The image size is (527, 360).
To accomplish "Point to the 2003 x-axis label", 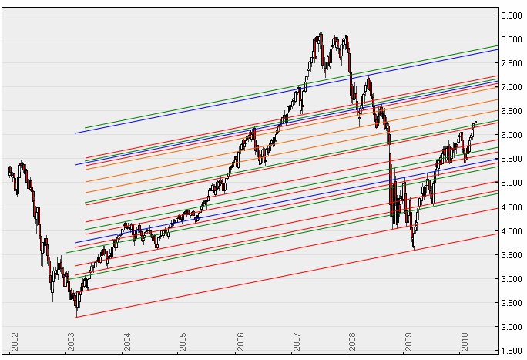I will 72,341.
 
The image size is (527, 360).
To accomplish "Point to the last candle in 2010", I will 475,123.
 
